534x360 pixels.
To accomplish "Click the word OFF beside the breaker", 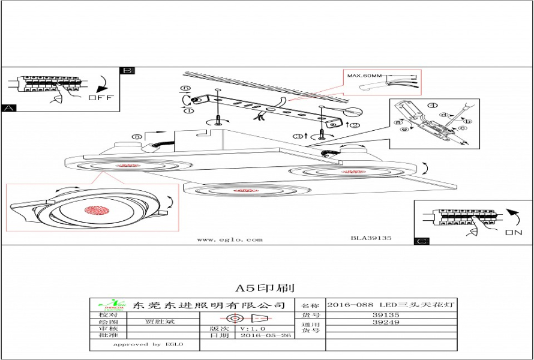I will coord(100,97).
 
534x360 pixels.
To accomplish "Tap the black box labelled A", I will coord(8,109).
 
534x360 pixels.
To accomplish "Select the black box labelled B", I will coord(127,70).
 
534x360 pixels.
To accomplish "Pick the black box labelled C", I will coord(422,241).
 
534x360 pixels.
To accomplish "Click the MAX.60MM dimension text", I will coord(364,76).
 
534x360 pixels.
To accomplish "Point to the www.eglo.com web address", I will coord(230,239).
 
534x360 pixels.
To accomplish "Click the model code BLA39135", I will coord(371,238).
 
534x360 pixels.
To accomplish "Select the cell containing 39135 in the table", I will coord(386,314).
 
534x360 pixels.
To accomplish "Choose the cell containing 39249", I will coord(386,322).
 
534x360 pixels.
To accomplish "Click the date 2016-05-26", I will coord(266,335).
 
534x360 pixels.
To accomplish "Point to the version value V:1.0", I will coord(253,329).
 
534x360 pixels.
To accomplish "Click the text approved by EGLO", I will coord(148,344).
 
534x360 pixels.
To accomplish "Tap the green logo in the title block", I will coord(111,304).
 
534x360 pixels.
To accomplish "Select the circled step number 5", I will coord(137,137).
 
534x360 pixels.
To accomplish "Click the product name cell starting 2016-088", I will coord(392,305).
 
